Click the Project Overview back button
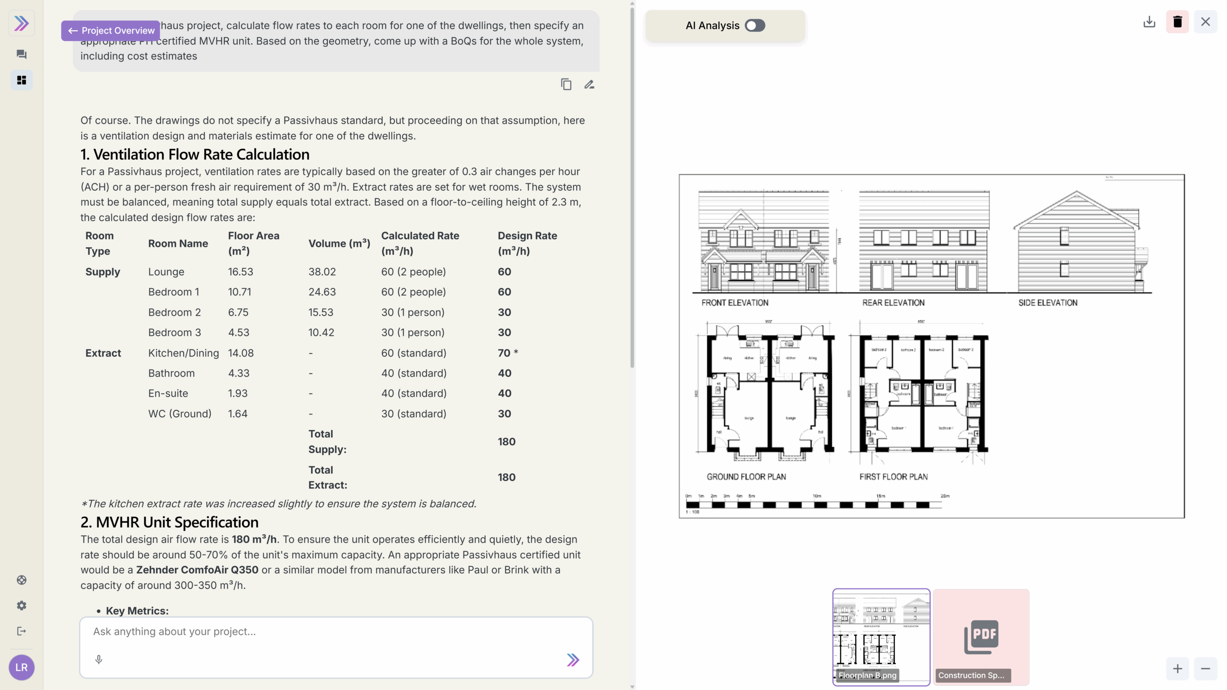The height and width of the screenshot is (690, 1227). pos(111,31)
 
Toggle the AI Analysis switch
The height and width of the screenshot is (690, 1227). pos(755,25)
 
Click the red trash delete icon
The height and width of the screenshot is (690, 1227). pos(1177,22)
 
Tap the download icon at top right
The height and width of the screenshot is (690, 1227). pos(1149,22)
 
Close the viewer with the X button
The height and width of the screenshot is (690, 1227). pos(1205,22)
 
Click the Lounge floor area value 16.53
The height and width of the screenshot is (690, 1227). pos(240,272)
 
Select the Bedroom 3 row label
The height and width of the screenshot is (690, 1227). pos(174,333)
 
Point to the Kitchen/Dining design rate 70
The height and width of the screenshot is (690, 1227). pos(504,353)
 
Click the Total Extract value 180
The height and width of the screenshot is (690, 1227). pos(506,477)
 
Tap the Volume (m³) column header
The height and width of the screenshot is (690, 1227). pos(339,243)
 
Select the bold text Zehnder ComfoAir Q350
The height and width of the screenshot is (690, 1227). pos(197,570)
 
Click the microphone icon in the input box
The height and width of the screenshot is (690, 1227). pos(99,659)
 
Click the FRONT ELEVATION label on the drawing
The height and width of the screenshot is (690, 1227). pos(735,303)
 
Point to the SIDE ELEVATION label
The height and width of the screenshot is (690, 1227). pos(1048,303)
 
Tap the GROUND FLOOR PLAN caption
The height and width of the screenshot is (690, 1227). pos(746,477)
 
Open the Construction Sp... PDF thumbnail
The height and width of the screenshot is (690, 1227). pos(981,637)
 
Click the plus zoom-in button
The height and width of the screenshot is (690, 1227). pos(1177,669)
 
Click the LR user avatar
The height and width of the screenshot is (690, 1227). pos(22,667)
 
